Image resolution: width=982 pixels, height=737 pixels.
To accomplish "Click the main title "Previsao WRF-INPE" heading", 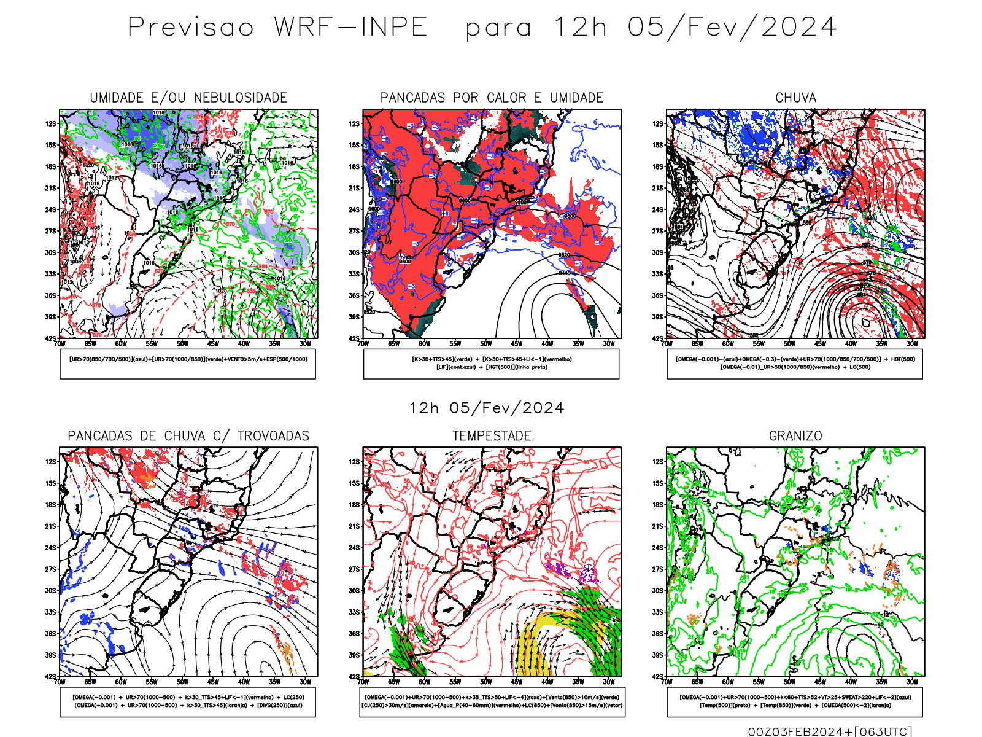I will point(277,28).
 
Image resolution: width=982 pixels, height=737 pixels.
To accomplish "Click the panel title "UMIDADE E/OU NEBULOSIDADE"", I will point(188,98).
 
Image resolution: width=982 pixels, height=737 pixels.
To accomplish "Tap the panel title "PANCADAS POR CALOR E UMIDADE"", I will point(492,98).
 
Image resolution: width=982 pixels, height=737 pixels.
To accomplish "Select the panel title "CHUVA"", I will point(795,98).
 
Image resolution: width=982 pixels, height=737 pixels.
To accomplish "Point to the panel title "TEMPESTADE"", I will point(492,436).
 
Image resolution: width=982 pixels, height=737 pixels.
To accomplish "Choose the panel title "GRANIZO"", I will point(795,436).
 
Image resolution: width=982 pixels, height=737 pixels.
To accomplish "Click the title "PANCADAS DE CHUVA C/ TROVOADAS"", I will point(188,436).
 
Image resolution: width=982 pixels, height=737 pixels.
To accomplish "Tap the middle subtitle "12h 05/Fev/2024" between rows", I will point(487,408).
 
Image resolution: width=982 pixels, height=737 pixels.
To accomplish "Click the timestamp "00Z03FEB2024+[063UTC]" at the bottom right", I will point(830,731).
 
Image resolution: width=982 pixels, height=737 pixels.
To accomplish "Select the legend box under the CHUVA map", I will point(795,364).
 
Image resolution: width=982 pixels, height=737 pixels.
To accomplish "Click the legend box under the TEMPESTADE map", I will point(492,701).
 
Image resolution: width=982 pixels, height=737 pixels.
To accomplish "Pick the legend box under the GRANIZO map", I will point(795,701).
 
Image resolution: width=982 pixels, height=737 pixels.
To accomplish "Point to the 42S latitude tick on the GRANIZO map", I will point(658,676).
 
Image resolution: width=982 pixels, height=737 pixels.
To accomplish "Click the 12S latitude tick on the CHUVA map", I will point(658,123).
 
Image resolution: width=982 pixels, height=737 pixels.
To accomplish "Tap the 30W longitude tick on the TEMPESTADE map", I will point(608,682).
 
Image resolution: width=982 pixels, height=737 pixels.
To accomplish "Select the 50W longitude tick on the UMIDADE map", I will point(182,344).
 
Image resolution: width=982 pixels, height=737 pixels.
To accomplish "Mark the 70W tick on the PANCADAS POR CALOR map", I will point(363,344).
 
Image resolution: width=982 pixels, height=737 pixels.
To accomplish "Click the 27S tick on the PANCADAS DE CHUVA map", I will point(50,569).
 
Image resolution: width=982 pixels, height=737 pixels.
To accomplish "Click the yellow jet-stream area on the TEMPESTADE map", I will point(529,651).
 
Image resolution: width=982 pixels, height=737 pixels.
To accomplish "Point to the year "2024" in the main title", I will point(798,28).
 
